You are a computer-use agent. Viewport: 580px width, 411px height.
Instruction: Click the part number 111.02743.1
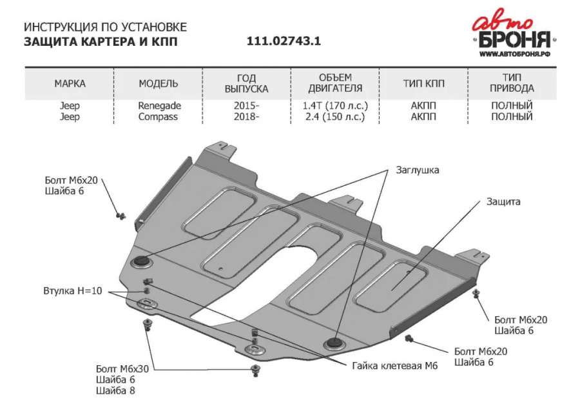click(x=284, y=41)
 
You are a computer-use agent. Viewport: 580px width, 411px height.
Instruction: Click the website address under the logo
click(x=515, y=54)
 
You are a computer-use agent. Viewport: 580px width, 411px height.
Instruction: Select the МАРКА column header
click(x=70, y=83)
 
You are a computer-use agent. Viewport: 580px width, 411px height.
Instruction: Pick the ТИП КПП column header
click(x=423, y=83)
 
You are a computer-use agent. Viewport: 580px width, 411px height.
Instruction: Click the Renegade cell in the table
click(x=159, y=106)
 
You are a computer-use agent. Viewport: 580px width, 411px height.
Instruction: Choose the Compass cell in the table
click(x=158, y=117)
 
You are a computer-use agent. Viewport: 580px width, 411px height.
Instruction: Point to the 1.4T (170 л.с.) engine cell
click(x=335, y=106)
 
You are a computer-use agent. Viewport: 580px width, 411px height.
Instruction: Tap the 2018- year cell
click(x=246, y=117)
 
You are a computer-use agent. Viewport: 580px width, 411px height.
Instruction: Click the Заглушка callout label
click(x=417, y=170)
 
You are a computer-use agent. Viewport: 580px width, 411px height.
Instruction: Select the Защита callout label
click(x=503, y=202)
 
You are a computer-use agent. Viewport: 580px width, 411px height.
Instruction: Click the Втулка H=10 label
click(x=72, y=290)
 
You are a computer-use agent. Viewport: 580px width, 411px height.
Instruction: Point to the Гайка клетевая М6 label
click(x=394, y=366)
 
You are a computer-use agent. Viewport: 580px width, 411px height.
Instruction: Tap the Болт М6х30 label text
click(x=122, y=369)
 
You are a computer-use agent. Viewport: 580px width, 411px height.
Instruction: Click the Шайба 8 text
click(x=115, y=390)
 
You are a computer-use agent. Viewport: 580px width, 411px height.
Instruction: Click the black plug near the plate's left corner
click(x=141, y=261)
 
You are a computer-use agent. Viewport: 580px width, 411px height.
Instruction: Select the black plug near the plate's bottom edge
click(x=334, y=343)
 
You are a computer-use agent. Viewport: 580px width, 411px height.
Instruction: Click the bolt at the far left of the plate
click(x=121, y=216)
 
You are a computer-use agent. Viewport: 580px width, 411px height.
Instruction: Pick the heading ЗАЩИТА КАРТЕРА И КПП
click(x=101, y=41)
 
